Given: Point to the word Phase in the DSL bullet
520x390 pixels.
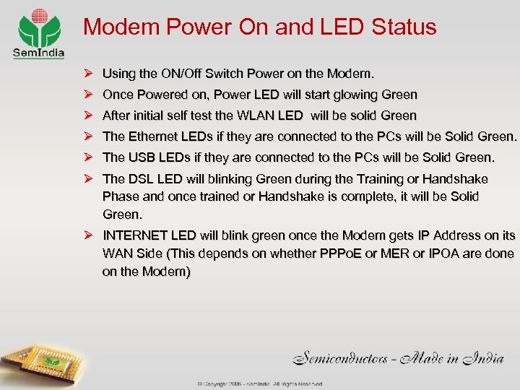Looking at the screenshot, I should [120, 196].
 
